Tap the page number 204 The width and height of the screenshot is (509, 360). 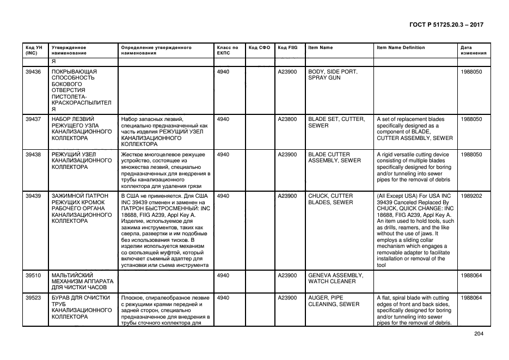point(478,334)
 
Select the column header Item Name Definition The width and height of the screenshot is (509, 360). point(401,48)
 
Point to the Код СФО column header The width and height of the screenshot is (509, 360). point(259,48)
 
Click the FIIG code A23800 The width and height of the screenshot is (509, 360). point(287,119)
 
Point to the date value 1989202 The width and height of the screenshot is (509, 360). point(471,196)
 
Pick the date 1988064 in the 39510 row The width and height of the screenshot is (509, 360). point(471,276)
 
